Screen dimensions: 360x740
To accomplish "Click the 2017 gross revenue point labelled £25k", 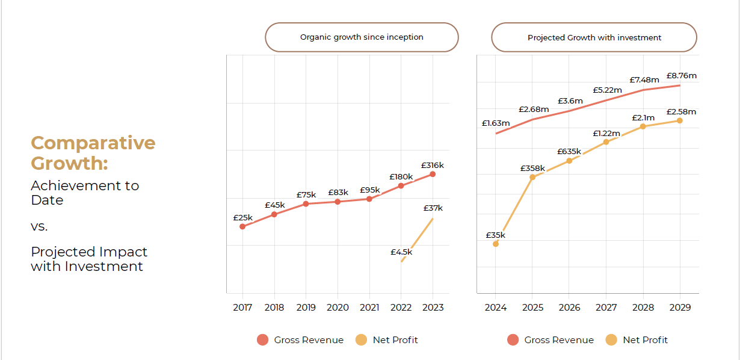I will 242,226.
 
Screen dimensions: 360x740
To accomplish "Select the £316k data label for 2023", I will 433,165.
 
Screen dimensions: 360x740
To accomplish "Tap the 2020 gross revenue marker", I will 338,202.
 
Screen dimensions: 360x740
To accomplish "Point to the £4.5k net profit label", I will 401,252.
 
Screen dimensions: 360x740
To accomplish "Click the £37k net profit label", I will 433,208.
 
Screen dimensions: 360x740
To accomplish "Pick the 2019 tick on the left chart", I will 306,308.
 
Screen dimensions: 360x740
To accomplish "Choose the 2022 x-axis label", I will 401,308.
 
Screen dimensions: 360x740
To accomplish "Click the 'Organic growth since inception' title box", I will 362,37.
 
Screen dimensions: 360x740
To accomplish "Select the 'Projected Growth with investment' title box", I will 594,37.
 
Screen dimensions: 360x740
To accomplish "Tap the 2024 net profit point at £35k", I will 496,244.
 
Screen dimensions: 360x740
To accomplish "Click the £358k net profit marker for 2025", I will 532,177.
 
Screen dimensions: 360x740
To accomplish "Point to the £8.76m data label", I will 681,76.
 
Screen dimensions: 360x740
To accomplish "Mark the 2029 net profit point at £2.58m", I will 680,120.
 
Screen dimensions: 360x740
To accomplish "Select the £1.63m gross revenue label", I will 496,123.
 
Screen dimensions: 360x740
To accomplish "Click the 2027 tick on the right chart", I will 606,308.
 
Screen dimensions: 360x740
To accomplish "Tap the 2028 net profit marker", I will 643,126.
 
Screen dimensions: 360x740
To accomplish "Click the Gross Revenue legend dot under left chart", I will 262,340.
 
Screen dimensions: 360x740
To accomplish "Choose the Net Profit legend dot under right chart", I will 611,340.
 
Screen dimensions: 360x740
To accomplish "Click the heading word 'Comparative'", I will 93,143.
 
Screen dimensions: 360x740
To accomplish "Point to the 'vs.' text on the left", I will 39,227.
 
